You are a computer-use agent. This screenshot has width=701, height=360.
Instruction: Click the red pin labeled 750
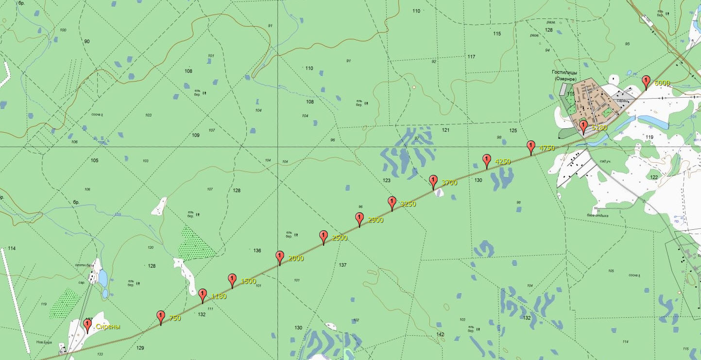(x=160, y=317)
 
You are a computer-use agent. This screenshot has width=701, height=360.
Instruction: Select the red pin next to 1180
(x=203, y=294)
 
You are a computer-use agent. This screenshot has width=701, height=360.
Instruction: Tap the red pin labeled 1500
(x=232, y=280)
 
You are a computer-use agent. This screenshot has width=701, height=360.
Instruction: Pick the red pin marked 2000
(x=280, y=257)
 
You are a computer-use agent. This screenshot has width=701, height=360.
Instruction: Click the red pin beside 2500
(x=324, y=237)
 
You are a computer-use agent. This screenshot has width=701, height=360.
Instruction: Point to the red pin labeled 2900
(x=359, y=219)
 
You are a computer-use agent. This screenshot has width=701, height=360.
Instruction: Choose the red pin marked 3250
(x=392, y=203)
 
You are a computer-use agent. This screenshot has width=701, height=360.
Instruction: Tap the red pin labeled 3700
(x=433, y=182)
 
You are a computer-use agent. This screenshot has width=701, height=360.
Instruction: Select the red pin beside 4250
(x=486, y=160)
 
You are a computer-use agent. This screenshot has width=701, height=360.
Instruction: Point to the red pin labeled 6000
(x=646, y=82)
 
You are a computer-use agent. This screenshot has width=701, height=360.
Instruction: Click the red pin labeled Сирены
(x=87, y=325)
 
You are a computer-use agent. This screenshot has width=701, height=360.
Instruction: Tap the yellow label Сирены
(x=107, y=326)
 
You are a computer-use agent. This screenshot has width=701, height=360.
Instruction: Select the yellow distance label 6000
(x=662, y=83)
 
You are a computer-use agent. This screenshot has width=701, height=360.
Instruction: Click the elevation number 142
(x=441, y=334)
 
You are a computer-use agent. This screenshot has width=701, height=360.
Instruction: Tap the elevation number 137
(x=342, y=265)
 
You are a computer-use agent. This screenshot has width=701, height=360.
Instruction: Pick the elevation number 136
(x=257, y=251)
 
